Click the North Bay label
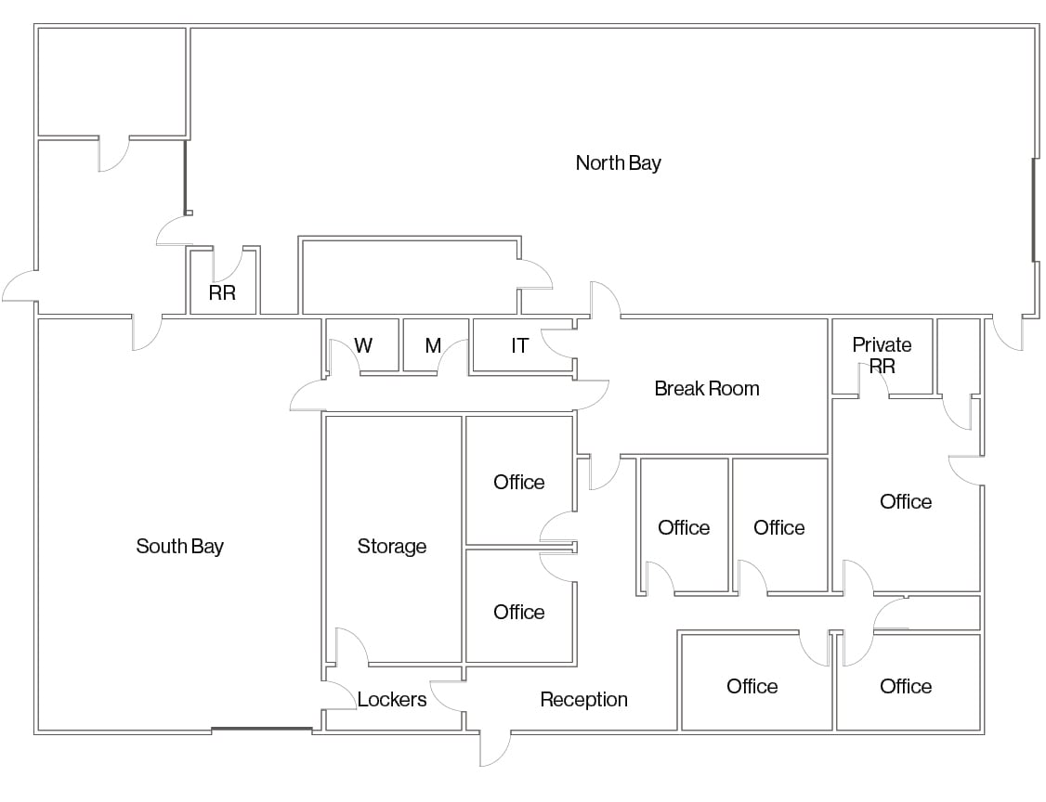pos(618,162)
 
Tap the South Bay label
pos(179,546)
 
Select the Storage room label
pos(392,546)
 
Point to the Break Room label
pos(706,388)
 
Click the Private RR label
pos(882,356)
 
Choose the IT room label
pos(519,345)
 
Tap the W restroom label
pos(363,345)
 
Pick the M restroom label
pos(433,345)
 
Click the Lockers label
pos(392,699)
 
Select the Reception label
pos(583,699)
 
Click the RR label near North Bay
pos(222,292)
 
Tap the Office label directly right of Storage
pos(519,482)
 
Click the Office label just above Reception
pos(519,612)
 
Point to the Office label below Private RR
pos(905,501)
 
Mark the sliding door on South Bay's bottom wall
pos(262,730)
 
